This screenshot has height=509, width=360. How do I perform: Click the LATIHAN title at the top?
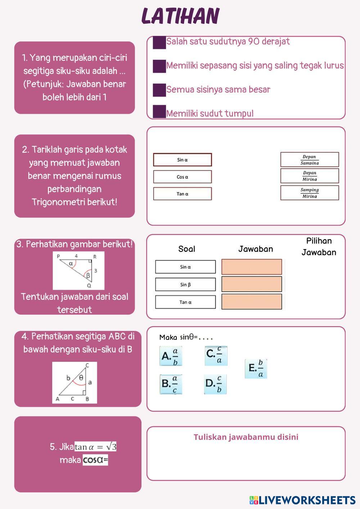point(180,16)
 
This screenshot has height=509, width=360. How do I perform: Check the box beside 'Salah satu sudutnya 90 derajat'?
point(159,42)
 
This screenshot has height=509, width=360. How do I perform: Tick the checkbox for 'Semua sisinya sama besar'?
point(159,90)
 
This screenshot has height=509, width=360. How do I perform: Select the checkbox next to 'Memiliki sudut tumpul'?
point(159,112)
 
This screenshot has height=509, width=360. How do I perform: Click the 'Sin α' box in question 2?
point(183,160)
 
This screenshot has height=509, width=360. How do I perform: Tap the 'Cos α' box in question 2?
point(183,177)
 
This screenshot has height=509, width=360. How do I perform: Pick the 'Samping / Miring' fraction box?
point(310,193)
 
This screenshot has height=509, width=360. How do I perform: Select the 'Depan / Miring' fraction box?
point(310,176)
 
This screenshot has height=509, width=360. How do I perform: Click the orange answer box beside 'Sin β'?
point(252,284)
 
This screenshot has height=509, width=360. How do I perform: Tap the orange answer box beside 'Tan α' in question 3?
point(252,302)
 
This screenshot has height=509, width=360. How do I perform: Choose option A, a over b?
point(171,356)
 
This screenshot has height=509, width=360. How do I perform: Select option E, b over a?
point(256,369)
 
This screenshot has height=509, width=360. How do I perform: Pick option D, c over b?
point(215,384)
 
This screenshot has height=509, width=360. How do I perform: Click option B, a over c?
point(171,384)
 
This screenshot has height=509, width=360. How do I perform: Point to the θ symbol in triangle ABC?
point(81,378)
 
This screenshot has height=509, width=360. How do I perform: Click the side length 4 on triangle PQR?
point(76,256)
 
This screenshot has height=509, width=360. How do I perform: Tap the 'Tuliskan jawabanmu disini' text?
point(246,437)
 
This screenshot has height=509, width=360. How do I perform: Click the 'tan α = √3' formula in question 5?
point(95,447)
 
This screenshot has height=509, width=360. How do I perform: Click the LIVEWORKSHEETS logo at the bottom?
point(302,500)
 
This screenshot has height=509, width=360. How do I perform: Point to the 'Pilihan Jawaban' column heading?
point(319,247)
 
